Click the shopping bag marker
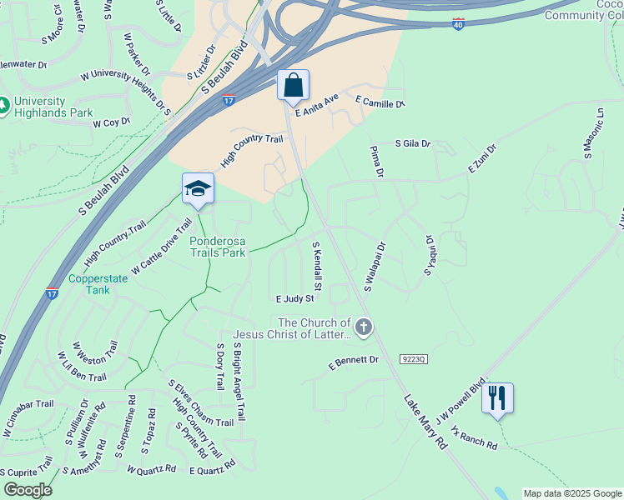pos(293,85)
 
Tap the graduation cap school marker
pos(199,188)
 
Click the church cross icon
pos(363,327)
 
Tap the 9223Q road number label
pos(413,359)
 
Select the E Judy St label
pos(294,298)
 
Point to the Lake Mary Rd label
pos(425,422)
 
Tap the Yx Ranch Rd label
pos(473,439)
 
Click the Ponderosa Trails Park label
pos(218,247)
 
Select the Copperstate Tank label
pos(98,285)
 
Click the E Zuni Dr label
pos(481,158)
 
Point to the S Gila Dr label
pos(413,143)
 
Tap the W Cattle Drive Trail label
pos(162,247)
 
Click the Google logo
pos(28,489)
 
